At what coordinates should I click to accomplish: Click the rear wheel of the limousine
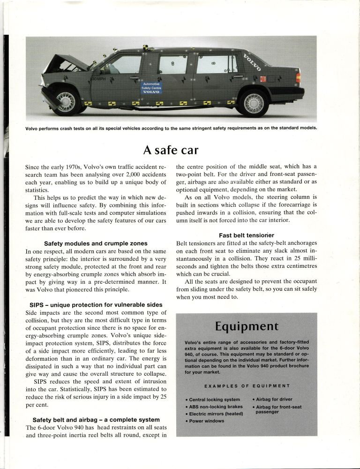click(x=253, y=103)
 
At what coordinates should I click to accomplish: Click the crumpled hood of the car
click(x=63, y=62)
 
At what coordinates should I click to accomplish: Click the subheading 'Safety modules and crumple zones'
click(x=96, y=243)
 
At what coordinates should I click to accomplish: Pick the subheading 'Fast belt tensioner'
click(x=247, y=234)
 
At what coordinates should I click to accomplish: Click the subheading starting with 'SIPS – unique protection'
click(x=96, y=305)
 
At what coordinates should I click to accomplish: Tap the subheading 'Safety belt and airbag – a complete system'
click(x=96, y=419)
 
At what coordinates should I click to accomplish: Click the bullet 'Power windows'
click(x=207, y=421)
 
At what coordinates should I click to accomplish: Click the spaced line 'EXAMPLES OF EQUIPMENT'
click(x=247, y=386)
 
